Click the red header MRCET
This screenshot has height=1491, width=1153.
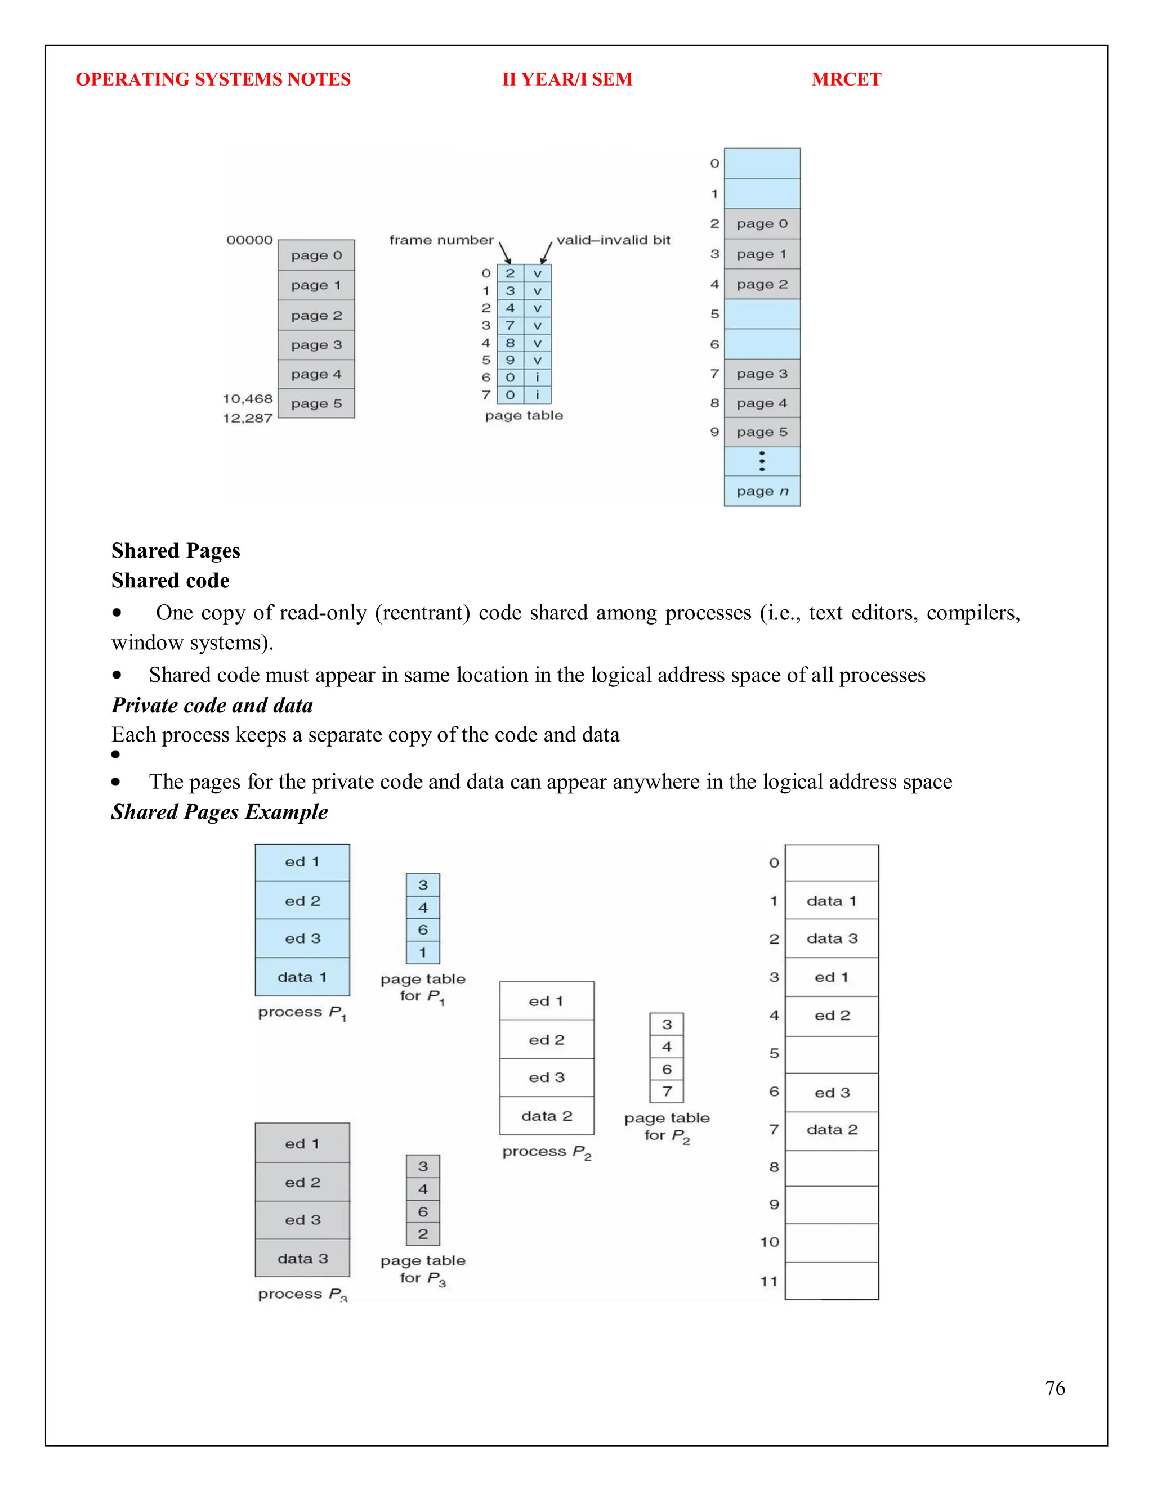pos(846,79)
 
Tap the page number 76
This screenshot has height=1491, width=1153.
pos(1054,1388)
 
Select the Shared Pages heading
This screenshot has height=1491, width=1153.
pos(176,550)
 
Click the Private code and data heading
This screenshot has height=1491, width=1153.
pos(212,704)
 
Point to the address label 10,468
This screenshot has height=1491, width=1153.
pos(247,399)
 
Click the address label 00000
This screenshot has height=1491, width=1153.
pos(249,240)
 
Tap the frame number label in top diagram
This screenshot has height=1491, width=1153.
pos(441,240)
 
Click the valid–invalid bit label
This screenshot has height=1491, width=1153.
pos(614,240)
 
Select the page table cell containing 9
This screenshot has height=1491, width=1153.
pos(510,360)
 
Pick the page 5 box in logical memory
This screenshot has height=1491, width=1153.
pos(316,403)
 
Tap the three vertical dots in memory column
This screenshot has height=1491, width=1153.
pos(762,461)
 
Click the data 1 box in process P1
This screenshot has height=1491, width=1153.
pos(302,977)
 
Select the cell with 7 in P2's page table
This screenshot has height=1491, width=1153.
pos(667,1092)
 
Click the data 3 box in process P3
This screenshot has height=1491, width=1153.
pos(302,1258)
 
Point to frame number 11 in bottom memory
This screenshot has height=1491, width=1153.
pos(769,1281)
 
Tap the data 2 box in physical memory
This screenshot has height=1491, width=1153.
pos(832,1130)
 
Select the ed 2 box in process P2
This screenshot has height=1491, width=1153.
pos(547,1040)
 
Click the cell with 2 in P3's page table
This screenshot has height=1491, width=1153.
pos(423,1234)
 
